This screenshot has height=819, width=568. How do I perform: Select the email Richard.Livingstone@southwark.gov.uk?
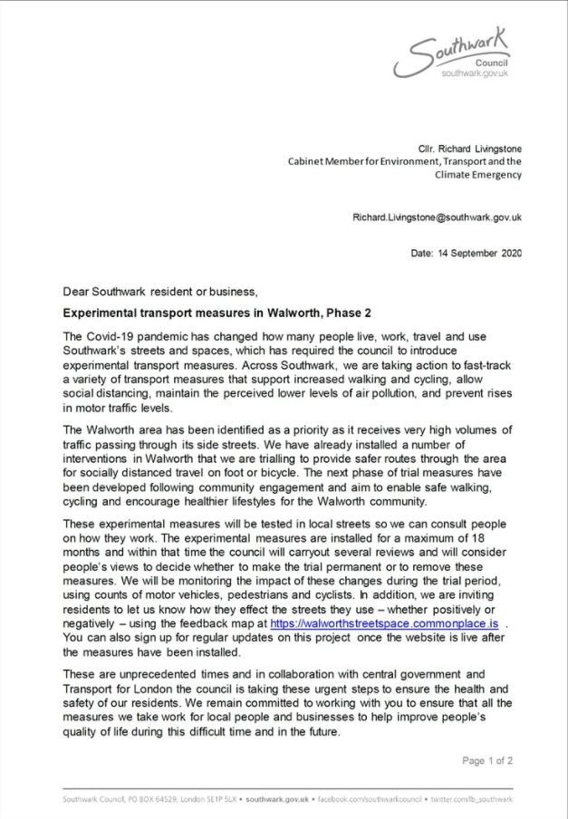tap(437, 217)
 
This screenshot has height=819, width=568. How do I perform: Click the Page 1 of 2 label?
tap(488, 760)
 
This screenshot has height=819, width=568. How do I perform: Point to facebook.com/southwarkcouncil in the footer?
tap(371, 799)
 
